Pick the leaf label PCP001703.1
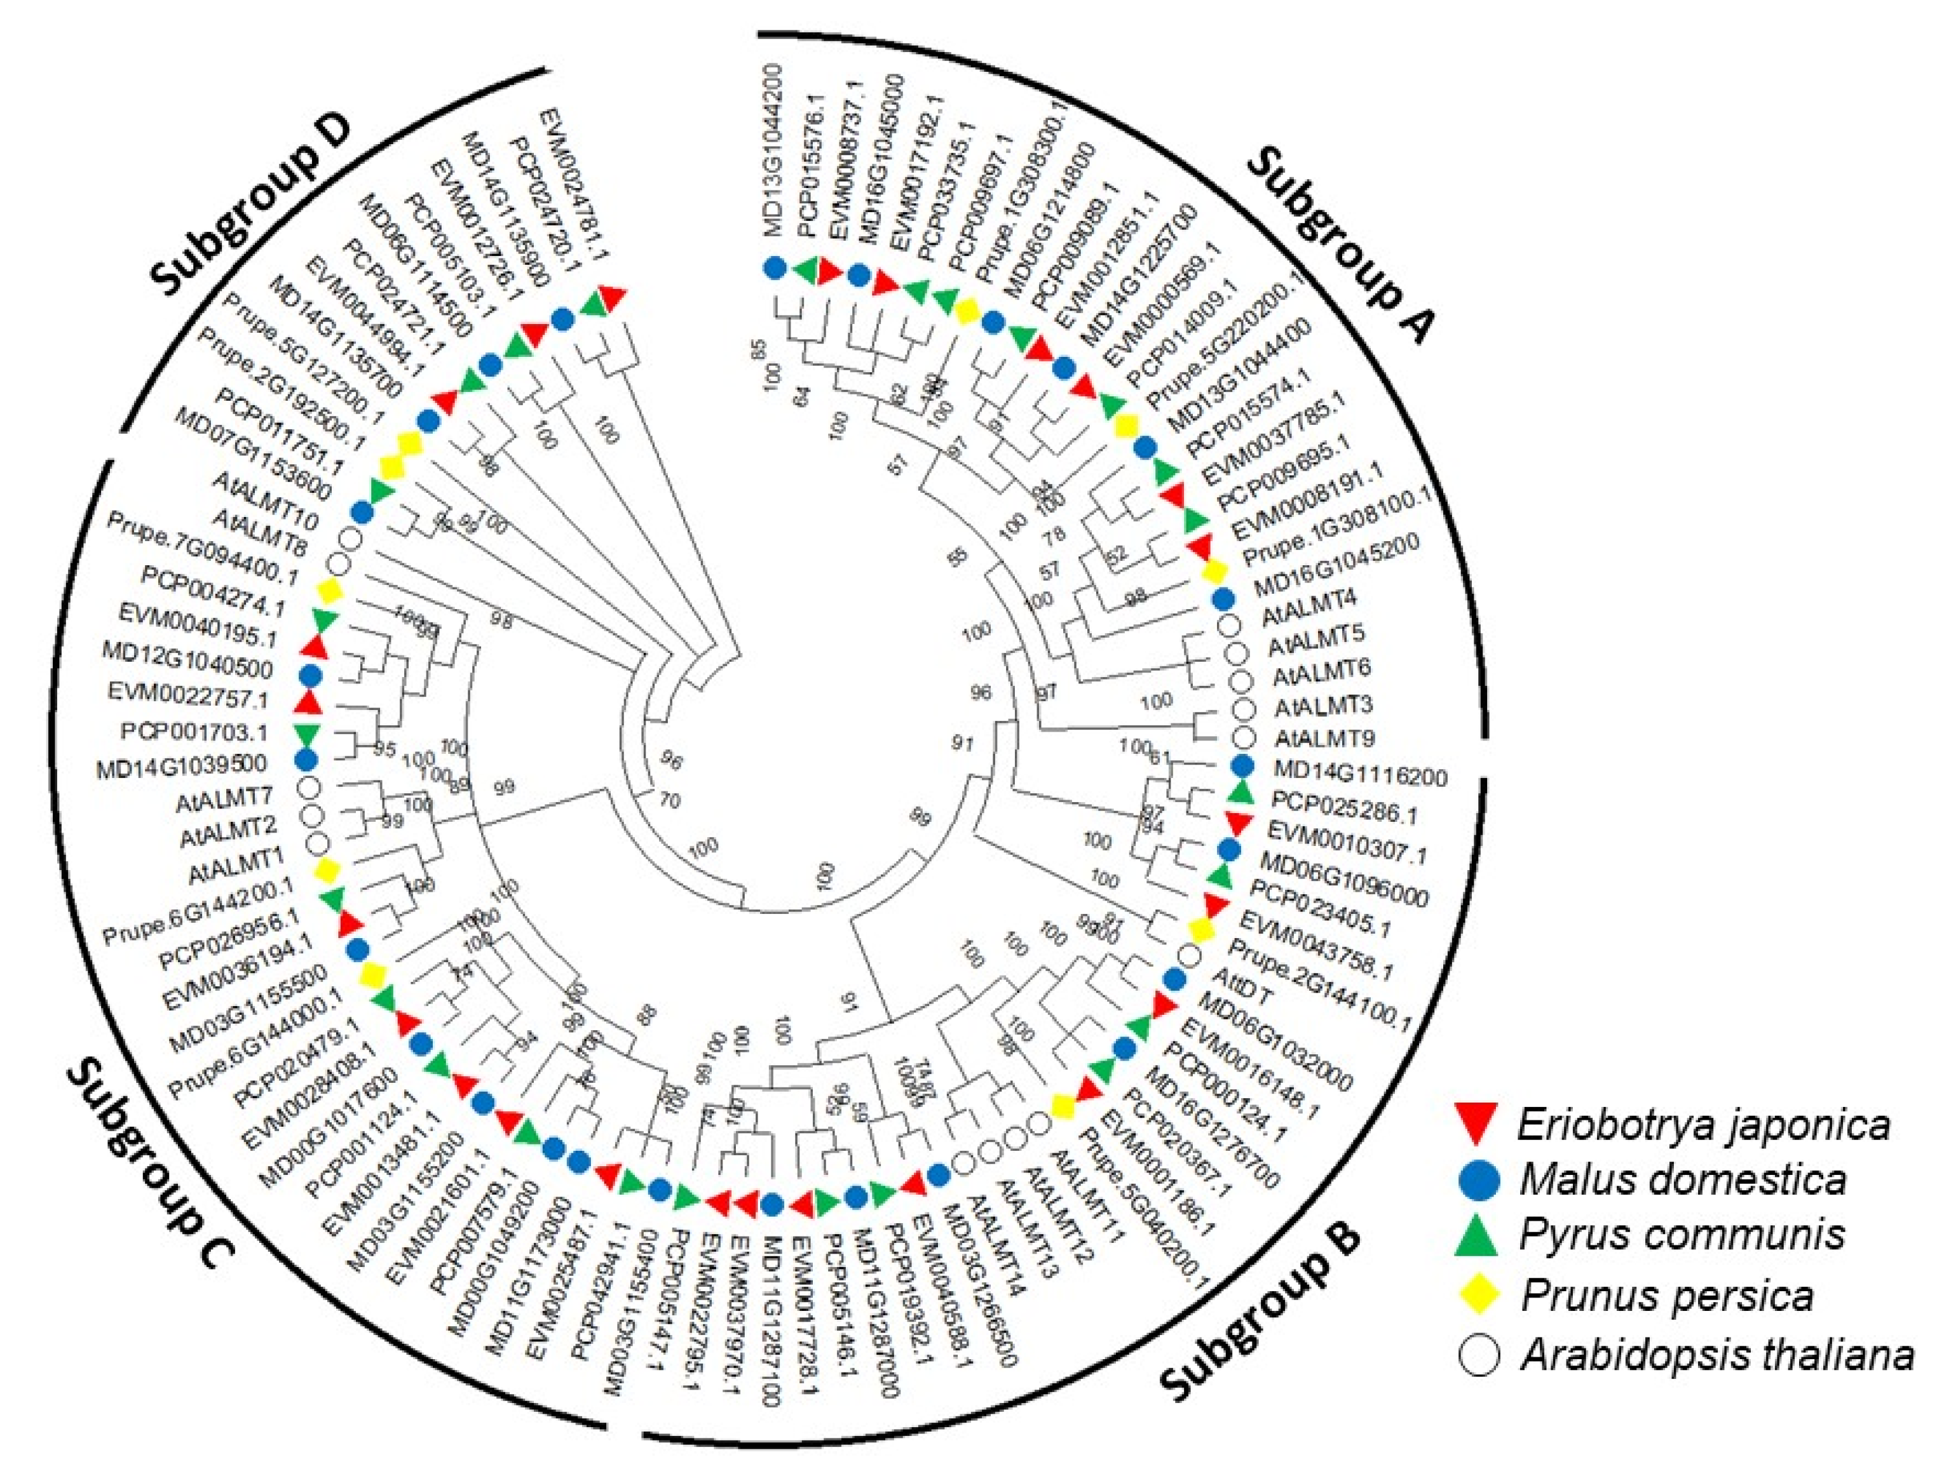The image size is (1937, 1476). [x=194, y=732]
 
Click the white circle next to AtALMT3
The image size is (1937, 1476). [x=1242, y=708]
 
